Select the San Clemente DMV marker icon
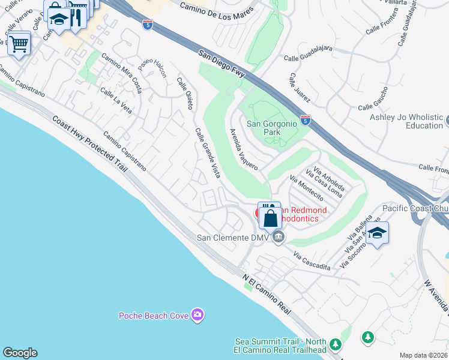(278, 238)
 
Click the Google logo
(20, 353)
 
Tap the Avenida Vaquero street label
(244, 149)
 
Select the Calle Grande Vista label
(207, 154)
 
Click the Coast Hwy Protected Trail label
(89, 144)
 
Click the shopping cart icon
(19, 44)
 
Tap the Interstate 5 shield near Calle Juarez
(306, 119)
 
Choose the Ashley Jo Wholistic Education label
(406, 122)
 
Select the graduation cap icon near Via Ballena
(377, 233)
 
